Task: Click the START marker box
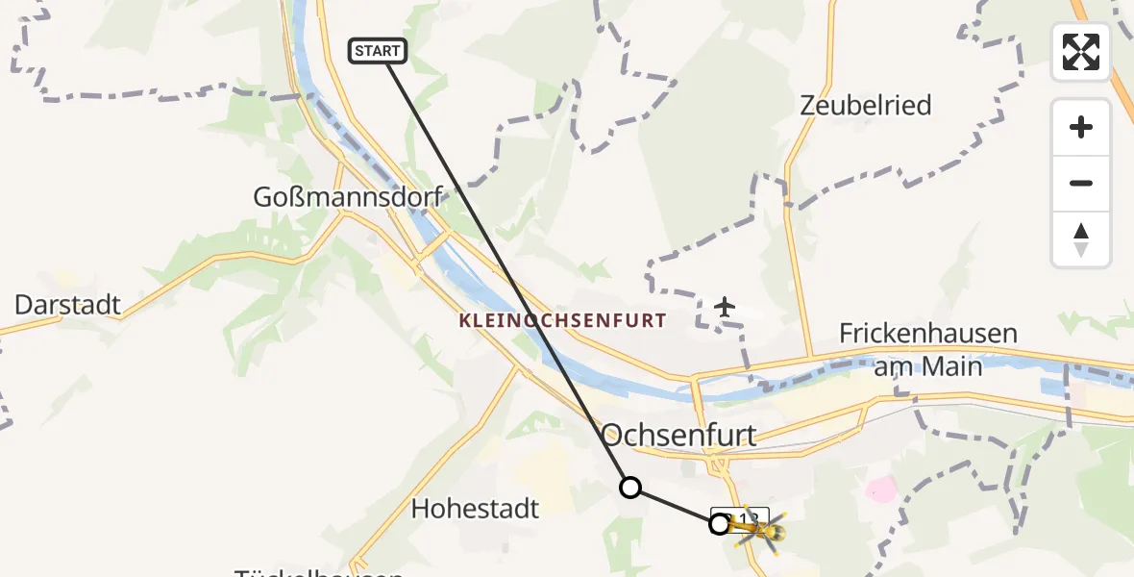pos(380,51)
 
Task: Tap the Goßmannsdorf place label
pos(347,197)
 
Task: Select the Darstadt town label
pos(67,306)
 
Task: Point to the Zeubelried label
pos(866,105)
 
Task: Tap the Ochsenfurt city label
pos(679,434)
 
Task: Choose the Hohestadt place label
pos(476,508)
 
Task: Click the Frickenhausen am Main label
pos(927,350)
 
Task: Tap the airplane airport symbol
pos(725,308)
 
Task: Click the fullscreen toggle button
pos(1081,52)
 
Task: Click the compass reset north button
pos(1081,239)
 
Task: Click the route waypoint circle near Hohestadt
pos(629,488)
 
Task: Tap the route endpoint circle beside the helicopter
pos(719,524)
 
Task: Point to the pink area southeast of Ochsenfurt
pos(879,491)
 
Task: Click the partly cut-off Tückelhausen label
pos(318,572)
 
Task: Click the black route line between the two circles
pos(674,506)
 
